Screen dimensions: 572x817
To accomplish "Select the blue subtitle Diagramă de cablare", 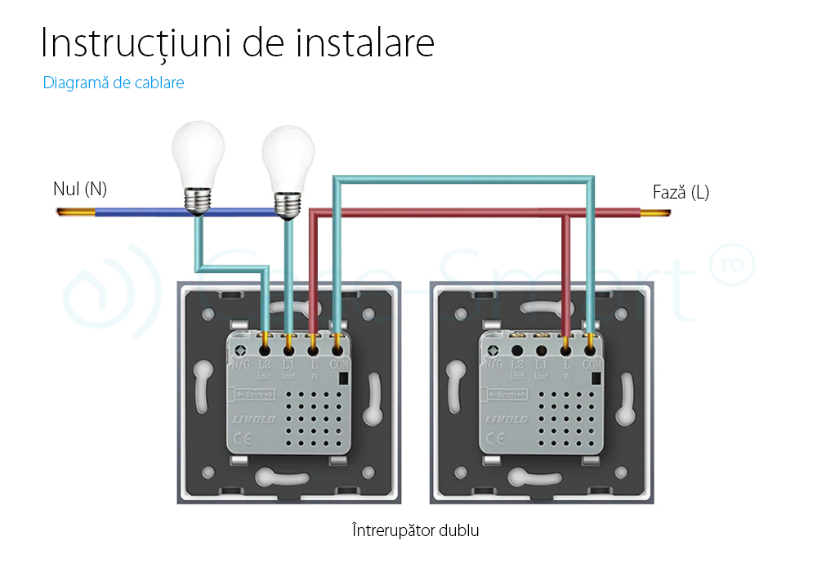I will pos(114,83).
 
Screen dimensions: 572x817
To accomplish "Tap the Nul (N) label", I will pos(80,190).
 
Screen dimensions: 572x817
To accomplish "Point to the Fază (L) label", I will pos(681,193).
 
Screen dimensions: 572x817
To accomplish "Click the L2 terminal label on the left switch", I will pos(265,364).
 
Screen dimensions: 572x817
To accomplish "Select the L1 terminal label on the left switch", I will pos(288,364).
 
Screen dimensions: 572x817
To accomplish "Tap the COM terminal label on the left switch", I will pos(338,364).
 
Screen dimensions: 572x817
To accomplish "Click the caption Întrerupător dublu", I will pos(415,530).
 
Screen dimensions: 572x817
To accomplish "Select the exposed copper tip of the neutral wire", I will pos(75,212).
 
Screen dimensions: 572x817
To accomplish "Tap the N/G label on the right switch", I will pos(493,364).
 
